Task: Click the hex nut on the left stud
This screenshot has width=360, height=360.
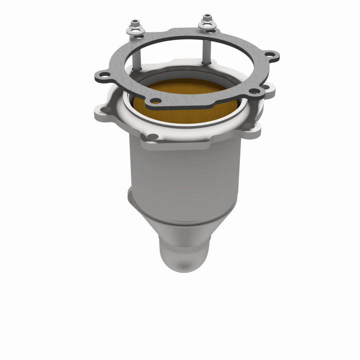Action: tap(135, 23)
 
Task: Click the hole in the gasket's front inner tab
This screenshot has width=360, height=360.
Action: tap(156, 101)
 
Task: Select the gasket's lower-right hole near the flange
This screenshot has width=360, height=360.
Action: tap(254, 91)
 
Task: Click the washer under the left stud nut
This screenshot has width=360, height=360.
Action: tap(135, 30)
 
